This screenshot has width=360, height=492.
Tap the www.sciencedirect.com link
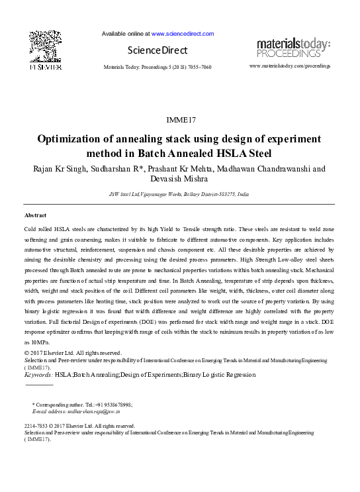coord(183,33)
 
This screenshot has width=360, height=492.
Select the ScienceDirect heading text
coord(157,50)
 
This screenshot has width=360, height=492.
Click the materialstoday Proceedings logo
coord(293,47)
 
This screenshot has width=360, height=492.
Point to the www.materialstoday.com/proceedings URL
coord(290,67)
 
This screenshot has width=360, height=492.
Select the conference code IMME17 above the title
coord(179,120)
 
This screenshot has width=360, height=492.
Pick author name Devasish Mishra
coord(179,179)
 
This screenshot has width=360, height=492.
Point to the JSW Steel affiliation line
coord(179,195)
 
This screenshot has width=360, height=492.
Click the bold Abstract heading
coord(36,216)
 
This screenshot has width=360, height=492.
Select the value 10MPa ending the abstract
coord(33,342)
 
